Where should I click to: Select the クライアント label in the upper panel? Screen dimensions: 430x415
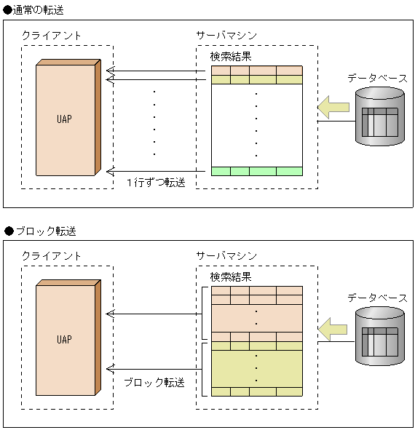click(x=52, y=35)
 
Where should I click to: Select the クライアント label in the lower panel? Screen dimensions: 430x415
click(x=52, y=256)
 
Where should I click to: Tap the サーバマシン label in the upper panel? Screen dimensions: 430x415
click(x=226, y=35)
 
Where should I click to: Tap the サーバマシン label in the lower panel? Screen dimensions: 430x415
click(x=226, y=256)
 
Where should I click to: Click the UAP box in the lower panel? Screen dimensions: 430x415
click(x=66, y=340)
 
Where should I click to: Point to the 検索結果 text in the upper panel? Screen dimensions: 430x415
click(x=231, y=55)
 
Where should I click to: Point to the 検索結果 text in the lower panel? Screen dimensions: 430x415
click(x=231, y=276)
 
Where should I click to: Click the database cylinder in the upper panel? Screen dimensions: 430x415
click(x=379, y=116)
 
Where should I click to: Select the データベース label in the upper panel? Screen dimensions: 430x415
click(x=376, y=78)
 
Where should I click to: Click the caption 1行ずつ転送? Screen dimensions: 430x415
click(x=156, y=182)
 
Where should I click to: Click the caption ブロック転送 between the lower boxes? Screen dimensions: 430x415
click(x=154, y=381)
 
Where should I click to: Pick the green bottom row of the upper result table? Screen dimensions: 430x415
click(x=256, y=171)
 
